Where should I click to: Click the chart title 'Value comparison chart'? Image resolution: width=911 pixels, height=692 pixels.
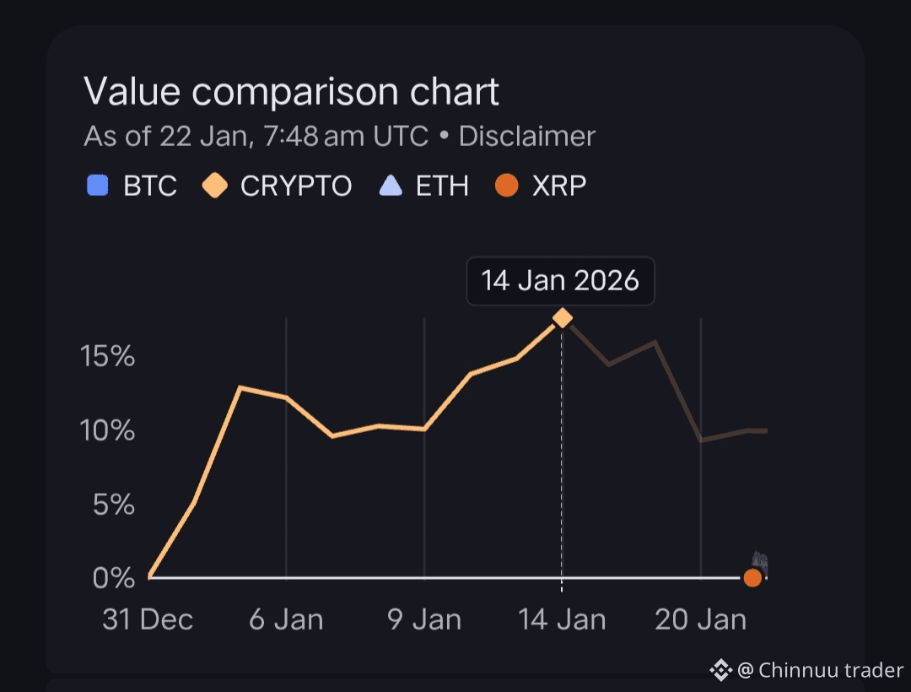point(291,91)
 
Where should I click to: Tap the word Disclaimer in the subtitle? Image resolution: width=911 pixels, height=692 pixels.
point(527,136)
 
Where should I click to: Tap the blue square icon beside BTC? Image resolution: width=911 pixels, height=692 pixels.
point(98,185)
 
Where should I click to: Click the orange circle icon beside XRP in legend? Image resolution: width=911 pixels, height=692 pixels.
point(506,185)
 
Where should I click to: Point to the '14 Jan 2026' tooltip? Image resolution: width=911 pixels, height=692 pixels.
point(560,281)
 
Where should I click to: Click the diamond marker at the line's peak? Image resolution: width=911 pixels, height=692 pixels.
point(562,318)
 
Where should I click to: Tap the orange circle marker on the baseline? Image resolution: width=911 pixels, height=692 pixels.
point(752,578)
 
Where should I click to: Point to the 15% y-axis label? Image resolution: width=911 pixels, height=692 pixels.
point(108,356)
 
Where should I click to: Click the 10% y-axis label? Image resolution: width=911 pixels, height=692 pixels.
point(108,430)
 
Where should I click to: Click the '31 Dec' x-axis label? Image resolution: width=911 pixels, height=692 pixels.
point(148,620)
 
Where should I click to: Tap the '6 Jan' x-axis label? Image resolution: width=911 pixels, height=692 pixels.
point(286,620)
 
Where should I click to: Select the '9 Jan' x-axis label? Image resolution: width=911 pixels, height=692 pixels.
point(424,620)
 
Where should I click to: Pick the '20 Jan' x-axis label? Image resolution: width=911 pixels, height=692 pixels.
point(700,620)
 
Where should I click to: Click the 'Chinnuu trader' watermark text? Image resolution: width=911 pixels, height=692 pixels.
point(831,670)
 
